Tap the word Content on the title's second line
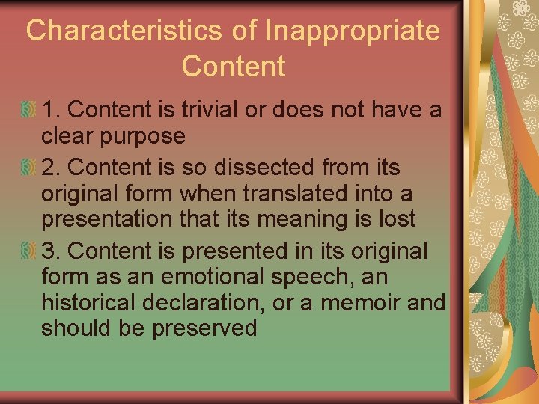[233, 66]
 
